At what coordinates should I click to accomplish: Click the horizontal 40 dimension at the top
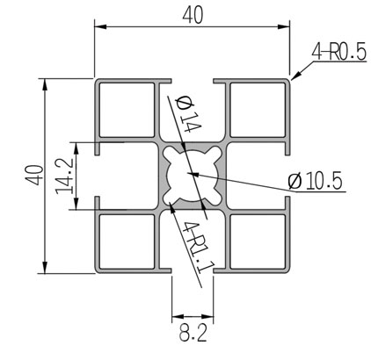coord(193,16)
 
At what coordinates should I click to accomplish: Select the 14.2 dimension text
coord(64,176)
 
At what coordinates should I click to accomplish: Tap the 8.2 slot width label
coord(193,333)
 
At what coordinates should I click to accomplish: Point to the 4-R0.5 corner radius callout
coord(339,53)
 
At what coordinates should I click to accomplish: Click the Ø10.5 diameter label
coord(315,181)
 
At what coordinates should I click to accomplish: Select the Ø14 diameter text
coord(188,115)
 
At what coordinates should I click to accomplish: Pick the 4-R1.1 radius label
coord(199,247)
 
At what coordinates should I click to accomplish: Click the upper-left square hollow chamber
coord(127,110)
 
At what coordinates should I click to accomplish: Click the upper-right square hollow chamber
coord(258,110)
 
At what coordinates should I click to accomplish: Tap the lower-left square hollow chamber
coord(127,241)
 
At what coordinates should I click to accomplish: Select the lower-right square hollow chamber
coord(258,241)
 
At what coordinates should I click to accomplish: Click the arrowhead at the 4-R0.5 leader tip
coord(295,75)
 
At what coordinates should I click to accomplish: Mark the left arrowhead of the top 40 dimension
coord(100,26)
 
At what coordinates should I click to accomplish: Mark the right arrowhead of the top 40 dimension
coord(284,26)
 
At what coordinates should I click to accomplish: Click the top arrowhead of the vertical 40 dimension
coord(45,84)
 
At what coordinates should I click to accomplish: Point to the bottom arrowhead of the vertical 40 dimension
coord(45,267)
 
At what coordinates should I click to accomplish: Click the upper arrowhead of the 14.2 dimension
coord(76,148)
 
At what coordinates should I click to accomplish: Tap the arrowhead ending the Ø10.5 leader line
coord(193,175)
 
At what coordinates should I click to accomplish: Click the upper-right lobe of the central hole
coord(215,152)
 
